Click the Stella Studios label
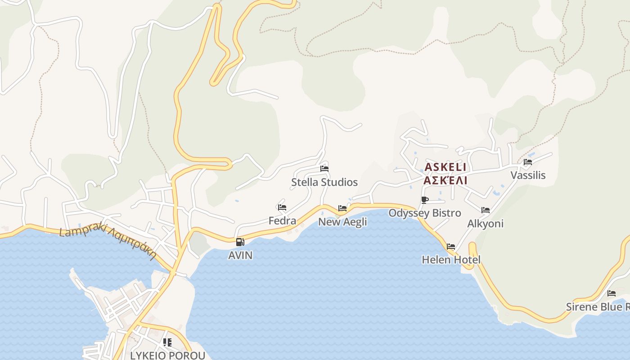click(324, 182)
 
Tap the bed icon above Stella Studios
click(324, 169)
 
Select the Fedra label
click(282, 220)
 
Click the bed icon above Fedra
click(282, 207)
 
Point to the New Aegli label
click(342, 221)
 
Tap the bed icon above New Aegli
click(342, 208)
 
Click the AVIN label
click(240, 255)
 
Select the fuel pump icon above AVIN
click(240, 242)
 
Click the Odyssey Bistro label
click(424, 213)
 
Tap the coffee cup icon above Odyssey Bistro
click(424, 200)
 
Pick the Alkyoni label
click(485, 223)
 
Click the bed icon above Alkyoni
click(485, 210)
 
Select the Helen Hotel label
click(451, 260)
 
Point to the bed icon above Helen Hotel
click(451, 247)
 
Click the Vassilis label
click(528, 175)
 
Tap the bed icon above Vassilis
click(528, 162)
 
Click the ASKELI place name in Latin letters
click(445, 167)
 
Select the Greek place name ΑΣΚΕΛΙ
click(445, 180)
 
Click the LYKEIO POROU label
click(167, 355)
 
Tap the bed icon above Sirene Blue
click(612, 293)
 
